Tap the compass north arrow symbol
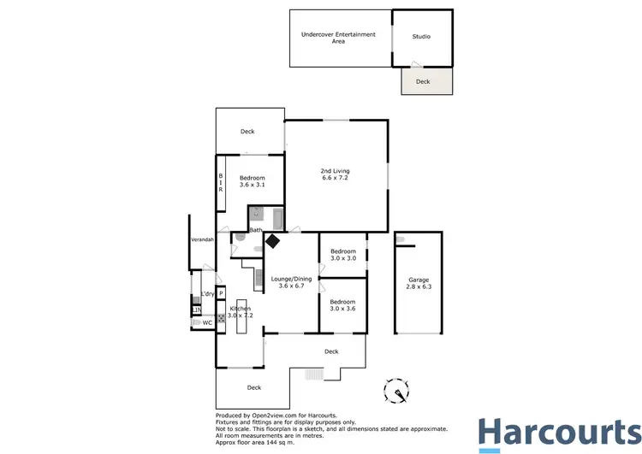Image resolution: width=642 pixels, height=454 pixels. click(x=398, y=389)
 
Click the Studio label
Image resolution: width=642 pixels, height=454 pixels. click(x=421, y=37)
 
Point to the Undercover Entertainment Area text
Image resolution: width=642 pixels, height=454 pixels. click(x=338, y=37)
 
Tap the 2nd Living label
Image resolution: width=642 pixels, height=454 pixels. click(x=336, y=174)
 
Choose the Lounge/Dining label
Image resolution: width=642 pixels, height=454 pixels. click(x=289, y=283)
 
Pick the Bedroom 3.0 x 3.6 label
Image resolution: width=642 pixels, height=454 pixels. click(x=342, y=305)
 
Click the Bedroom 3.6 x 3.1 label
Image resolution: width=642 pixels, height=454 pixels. click(x=252, y=181)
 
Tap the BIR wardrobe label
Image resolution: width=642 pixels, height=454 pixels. click(x=220, y=181)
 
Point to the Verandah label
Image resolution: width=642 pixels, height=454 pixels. click(x=202, y=240)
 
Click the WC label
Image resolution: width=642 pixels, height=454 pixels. click(x=206, y=323)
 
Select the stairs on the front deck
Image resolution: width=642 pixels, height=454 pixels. click(x=314, y=374)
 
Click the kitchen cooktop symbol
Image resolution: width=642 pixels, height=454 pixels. click(x=221, y=318)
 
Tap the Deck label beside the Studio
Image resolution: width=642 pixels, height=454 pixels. click(x=423, y=82)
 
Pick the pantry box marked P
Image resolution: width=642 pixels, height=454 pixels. click(x=221, y=293)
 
